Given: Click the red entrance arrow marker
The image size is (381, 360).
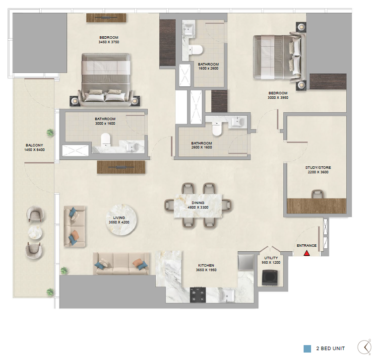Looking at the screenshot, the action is click(307, 253).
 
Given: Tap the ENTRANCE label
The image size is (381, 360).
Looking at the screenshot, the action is click(307, 246).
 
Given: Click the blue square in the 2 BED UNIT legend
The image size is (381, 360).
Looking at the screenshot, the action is click(308, 349).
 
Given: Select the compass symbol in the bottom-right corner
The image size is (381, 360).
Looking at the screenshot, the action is click(365, 347).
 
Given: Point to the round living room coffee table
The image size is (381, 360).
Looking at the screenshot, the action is click(121, 219).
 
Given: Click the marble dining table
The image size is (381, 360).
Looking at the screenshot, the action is click(198, 206).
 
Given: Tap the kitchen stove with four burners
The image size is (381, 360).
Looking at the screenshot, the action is click(197, 294).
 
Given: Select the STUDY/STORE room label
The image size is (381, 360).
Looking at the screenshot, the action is click(318, 168).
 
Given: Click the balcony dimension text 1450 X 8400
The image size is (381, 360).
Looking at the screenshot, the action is click(35, 150).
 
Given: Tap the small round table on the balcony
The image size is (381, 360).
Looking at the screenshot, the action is click(35, 233).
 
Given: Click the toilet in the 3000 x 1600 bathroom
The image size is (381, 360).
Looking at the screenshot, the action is click(106, 140).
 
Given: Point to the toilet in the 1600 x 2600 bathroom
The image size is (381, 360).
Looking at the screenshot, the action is click(195, 50).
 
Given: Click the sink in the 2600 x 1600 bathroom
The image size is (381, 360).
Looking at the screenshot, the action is click(238, 121).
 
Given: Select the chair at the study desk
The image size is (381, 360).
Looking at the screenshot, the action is click(317, 194).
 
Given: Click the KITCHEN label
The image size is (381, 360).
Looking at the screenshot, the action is click(206, 265).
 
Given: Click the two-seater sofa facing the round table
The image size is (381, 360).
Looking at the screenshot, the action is click(75, 226).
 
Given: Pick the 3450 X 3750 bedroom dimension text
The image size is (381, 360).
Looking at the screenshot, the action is click(109, 42).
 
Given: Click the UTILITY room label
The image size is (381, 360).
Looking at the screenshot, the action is click(271, 258).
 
